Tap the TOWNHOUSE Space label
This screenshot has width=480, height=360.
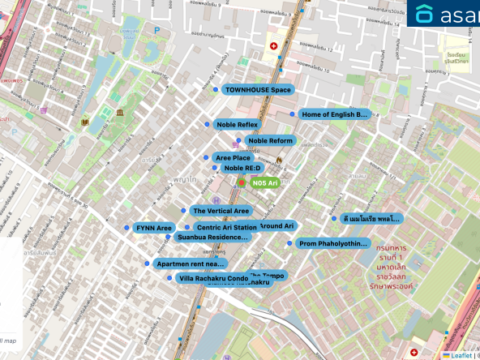258,89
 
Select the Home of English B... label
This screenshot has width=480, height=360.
334,114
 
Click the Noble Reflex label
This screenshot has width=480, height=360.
237,125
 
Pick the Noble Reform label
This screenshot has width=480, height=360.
271,140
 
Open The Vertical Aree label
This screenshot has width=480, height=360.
221,211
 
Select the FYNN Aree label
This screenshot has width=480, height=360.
154,228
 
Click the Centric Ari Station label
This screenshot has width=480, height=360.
226,228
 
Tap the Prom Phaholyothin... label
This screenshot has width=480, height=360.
333,243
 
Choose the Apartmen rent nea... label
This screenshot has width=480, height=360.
190,264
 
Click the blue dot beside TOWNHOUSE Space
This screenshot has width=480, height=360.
216,90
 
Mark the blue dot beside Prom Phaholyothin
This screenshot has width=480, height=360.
291,243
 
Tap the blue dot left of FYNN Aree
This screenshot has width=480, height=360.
127,228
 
